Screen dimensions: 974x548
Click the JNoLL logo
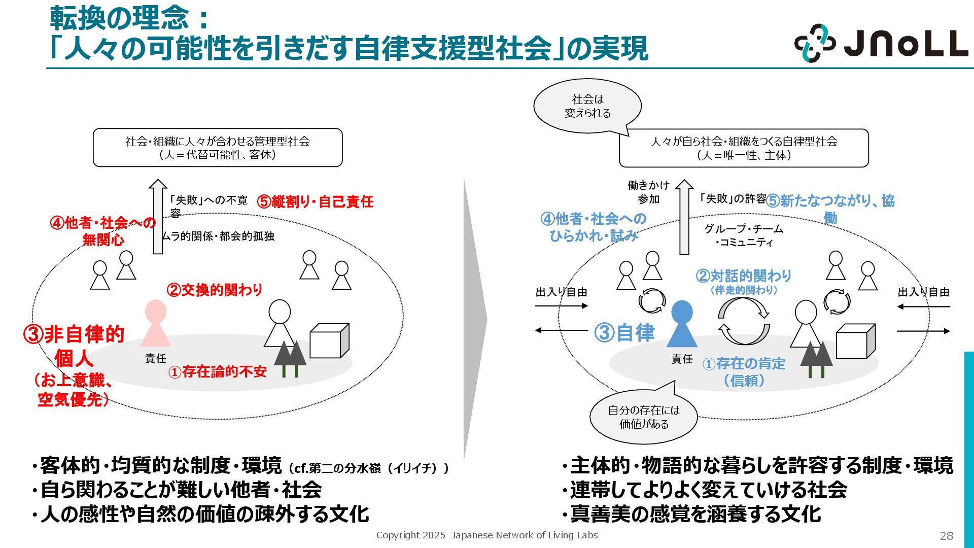tap(881, 43)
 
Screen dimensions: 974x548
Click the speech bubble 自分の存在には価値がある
tap(644, 417)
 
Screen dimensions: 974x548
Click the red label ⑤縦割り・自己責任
tap(315, 201)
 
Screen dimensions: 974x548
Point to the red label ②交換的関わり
tap(215, 290)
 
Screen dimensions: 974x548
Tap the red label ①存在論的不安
tap(218, 372)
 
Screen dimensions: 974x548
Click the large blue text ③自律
tap(624, 333)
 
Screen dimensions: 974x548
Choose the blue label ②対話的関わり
tap(744, 276)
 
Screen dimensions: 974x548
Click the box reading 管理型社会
tap(218, 148)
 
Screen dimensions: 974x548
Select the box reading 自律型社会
tap(744, 148)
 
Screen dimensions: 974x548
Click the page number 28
tap(947, 536)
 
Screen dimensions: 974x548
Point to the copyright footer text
tap(487, 535)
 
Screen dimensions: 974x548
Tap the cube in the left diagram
tap(329, 340)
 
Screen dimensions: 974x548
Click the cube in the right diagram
tap(855, 341)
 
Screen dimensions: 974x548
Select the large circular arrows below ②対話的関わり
tap(744, 321)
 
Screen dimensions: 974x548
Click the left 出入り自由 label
tap(561, 292)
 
